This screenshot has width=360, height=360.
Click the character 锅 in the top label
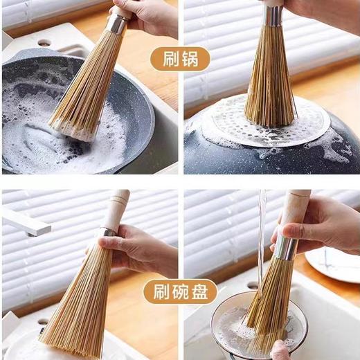pos(190,58)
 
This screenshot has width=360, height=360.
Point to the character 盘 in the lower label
pos(200,291)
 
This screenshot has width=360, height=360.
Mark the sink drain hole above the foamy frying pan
pos(44,42)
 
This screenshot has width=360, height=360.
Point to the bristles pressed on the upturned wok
pos(270,83)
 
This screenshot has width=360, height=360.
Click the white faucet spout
pos(24,223)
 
